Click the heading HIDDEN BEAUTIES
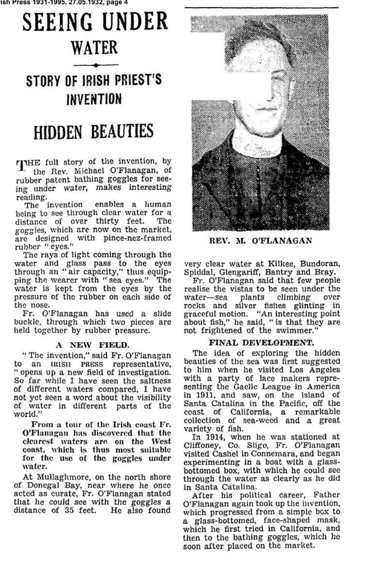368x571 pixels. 94,131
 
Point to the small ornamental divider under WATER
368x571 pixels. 95,65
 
